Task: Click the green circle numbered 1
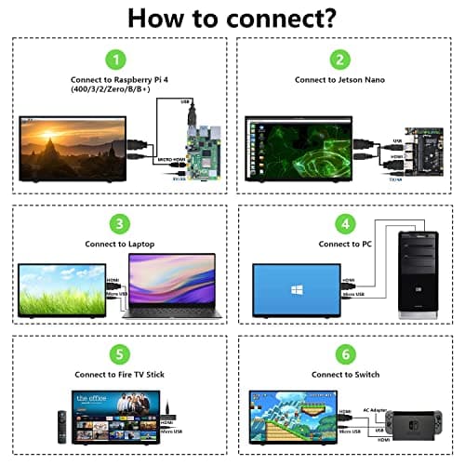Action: coord(116,59)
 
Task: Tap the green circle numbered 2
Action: coord(341,59)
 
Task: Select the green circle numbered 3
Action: coord(119,223)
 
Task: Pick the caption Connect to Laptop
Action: coord(119,244)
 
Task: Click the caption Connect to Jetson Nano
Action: coord(341,80)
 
